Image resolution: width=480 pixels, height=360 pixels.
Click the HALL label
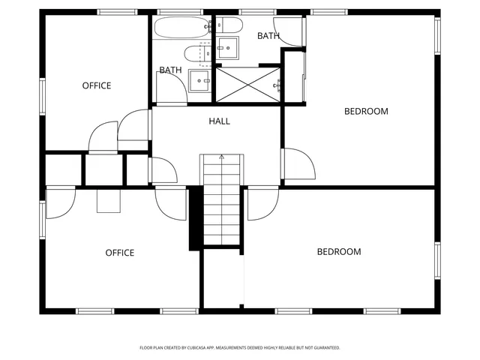220,121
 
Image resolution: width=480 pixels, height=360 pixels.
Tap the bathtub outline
181,28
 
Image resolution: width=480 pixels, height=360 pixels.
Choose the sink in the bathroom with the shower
226,50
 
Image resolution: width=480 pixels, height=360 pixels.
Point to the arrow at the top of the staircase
221,157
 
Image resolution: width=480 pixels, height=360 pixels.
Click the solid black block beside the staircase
195,217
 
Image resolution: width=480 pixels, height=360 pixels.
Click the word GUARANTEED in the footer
324,348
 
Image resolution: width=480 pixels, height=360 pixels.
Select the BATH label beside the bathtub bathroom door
170,70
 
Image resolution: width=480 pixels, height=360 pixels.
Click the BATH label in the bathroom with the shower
268,35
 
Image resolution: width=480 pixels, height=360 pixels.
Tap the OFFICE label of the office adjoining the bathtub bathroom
96,85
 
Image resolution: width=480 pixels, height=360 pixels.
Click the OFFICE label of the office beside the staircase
119,253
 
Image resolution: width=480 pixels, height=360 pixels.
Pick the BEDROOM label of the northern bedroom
366,112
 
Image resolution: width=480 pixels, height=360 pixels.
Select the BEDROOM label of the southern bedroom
339,252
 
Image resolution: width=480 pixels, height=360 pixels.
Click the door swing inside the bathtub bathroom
172,90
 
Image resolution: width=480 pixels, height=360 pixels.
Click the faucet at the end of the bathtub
207,27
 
